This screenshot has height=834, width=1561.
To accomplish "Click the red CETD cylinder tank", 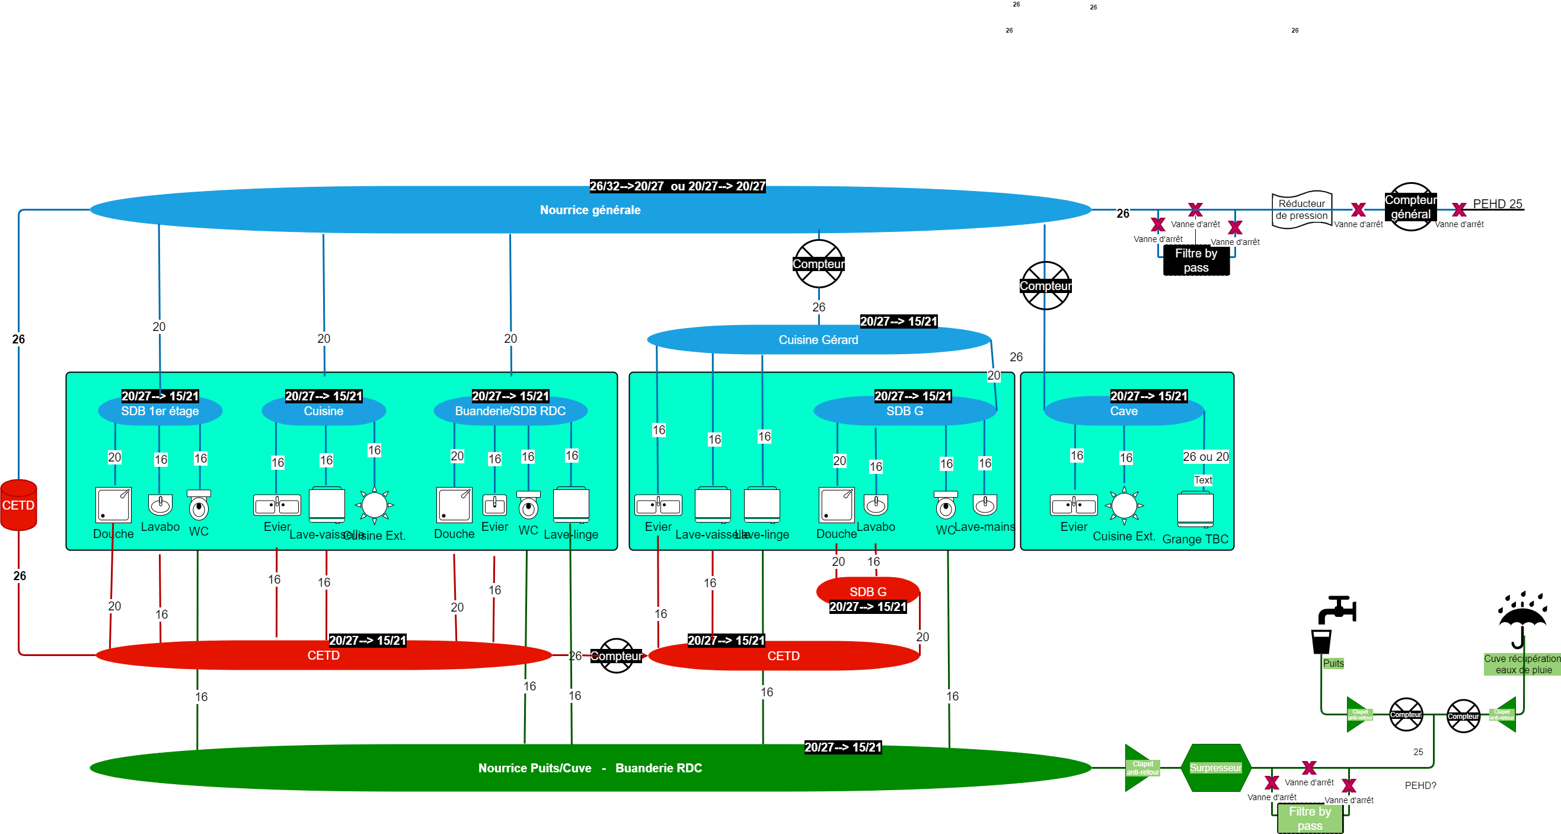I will [x=19, y=504].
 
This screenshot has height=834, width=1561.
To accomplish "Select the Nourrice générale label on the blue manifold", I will [x=590, y=210].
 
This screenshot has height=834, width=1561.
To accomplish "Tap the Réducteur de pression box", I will [x=1301, y=210].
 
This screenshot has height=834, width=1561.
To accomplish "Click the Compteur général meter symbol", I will [x=1410, y=206].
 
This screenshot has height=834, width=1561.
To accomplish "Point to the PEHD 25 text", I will [x=1497, y=203].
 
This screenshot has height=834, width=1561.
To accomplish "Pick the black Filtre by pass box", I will [x=1196, y=260].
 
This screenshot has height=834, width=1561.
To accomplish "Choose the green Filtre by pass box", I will [x=1310, y=818].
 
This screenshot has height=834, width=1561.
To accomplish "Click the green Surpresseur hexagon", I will [x=1215, y=768].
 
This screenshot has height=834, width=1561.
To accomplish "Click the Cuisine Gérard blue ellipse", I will [x=818, y=339].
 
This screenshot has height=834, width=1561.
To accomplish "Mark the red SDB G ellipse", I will [x=867, y=591].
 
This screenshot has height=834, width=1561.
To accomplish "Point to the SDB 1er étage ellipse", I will [x=160, y=411].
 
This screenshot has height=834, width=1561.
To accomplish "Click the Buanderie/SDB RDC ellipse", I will [x=510, y=411].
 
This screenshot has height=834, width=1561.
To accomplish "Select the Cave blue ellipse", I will [x=1123, y=411].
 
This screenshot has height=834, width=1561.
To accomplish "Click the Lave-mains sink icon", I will [x=985, y=504].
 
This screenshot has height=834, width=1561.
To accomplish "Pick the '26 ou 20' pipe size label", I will [x=1205, y=456].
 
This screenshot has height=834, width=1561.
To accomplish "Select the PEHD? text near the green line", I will [x=1420, y=785].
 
